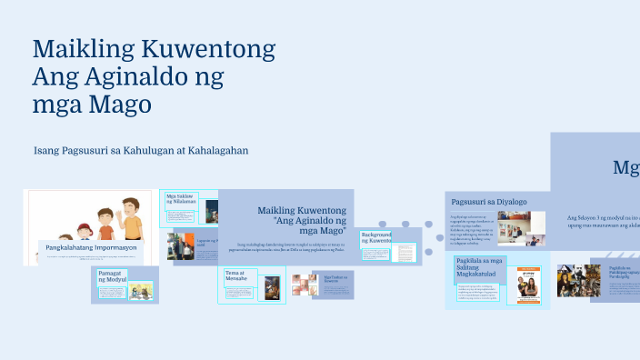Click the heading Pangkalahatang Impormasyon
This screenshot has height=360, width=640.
pyautogui.click(x=92, y=246)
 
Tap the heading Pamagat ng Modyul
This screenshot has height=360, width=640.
pyautogui.click(x=113, y=275)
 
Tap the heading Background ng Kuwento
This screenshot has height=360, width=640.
pyautogui.click(x=375, y=238)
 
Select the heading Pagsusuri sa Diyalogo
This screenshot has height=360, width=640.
pyautogui.click(x=488, y=201)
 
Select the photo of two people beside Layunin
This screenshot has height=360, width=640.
pyautogui.click(x=180, y=245)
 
